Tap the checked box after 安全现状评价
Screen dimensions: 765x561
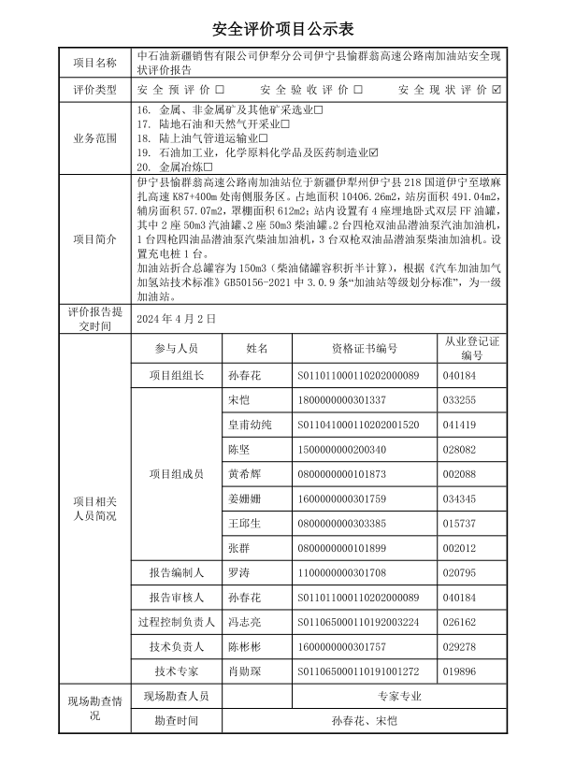[496, 90]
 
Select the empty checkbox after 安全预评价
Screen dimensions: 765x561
[220, 90]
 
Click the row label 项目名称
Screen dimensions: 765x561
[95, 64]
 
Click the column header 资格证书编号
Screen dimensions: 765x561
[364, 348]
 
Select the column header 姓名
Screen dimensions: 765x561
[257, 348]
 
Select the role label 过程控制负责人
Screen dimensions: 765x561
[177, 622]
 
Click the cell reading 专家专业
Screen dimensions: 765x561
[399, 697]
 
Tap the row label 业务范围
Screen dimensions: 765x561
[95, 137]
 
